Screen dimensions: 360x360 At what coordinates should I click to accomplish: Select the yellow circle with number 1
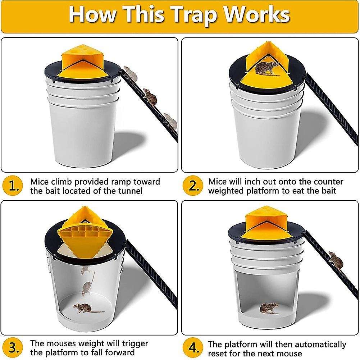pyautogui.click(x=14, y=186)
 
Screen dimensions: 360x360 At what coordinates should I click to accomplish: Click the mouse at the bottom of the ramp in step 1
pyautogui.click(x=169, y=120)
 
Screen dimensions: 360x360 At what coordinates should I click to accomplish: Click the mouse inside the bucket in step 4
pyautogui.click(x=269, y=308)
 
